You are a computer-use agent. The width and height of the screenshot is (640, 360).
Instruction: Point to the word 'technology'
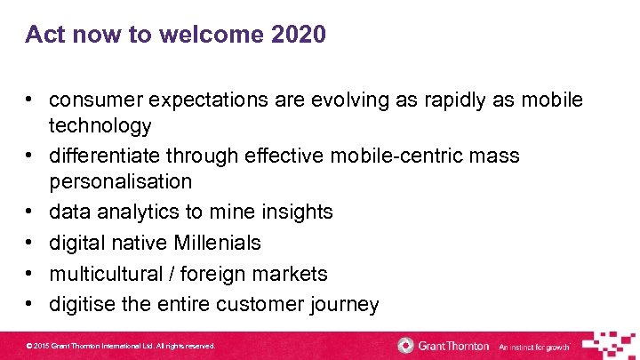coord(100,125)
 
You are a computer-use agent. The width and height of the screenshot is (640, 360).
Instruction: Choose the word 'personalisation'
coord(120,181)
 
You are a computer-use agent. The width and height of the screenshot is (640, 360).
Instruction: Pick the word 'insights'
coord(296,212)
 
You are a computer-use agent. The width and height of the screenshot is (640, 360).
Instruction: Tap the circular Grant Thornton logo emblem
coord(406,345)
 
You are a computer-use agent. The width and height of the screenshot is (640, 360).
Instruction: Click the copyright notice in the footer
coord(121,346)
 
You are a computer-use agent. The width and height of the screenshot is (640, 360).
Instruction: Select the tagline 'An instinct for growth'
coord(533,346)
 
